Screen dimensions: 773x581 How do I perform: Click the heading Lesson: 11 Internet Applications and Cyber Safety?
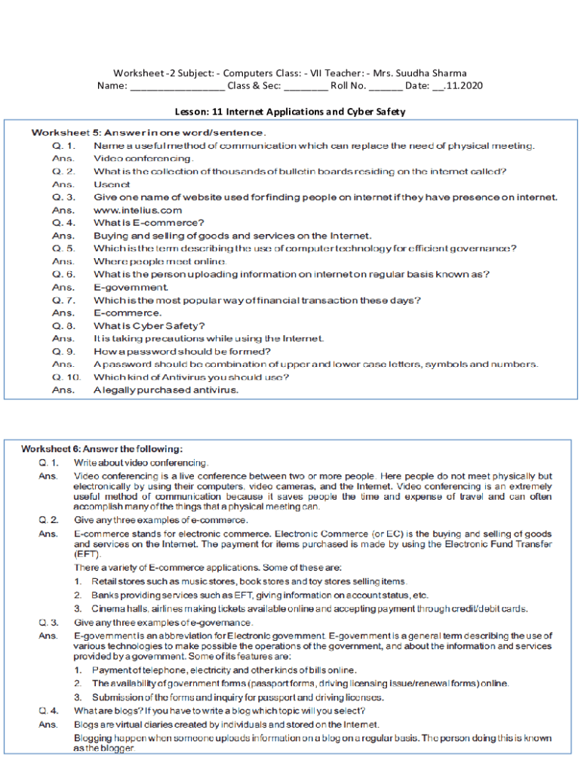click(290, 112)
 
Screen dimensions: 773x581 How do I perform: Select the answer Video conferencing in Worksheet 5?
click(143, 159)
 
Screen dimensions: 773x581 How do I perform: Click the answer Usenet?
click(112, 184)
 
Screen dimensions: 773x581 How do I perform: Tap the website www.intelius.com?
click(137, 210)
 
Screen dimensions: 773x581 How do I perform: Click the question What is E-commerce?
click(149, 223)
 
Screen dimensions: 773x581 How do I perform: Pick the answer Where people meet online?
click(159, 261)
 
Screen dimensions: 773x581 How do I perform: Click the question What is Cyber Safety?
click(149, 326)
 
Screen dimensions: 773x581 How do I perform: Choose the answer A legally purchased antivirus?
click(166, 390)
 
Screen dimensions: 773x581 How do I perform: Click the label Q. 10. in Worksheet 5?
click(66, 377)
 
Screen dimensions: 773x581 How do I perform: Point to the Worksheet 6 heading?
click(101, 449)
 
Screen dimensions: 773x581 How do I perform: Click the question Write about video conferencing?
click(141, 462)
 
